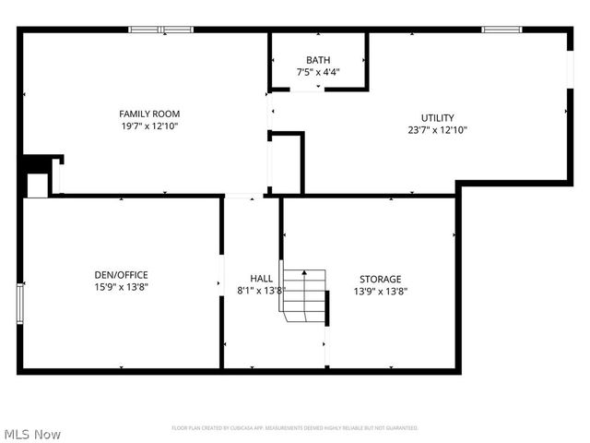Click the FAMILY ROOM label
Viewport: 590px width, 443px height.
click(148, 114)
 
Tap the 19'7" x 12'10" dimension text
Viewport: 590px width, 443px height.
click(148, 126)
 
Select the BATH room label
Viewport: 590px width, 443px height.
click(318, 60)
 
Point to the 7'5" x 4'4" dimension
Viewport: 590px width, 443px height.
click(318, 72)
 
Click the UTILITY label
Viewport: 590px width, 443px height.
click(437, 117)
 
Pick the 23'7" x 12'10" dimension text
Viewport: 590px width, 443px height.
click(437, 130)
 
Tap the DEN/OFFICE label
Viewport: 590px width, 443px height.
click(121, 275)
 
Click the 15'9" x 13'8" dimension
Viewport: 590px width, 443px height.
click(121, 288)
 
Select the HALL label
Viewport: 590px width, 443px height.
click(261, 278)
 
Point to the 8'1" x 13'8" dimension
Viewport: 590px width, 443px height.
click(261, 290)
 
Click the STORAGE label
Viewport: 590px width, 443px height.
click(380, 279)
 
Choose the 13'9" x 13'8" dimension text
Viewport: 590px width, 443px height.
click(380, 291)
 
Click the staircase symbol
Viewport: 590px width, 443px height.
click(305, 295)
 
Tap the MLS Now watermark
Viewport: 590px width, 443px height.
click(32, 434)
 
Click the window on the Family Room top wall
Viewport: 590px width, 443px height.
click(160, 30)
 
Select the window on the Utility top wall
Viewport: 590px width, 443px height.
click(501, 30)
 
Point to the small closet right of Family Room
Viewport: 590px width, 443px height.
click(286, 164)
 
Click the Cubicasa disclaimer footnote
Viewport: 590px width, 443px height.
click(295, 428)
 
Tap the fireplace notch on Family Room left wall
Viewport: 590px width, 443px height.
click(39, 176)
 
